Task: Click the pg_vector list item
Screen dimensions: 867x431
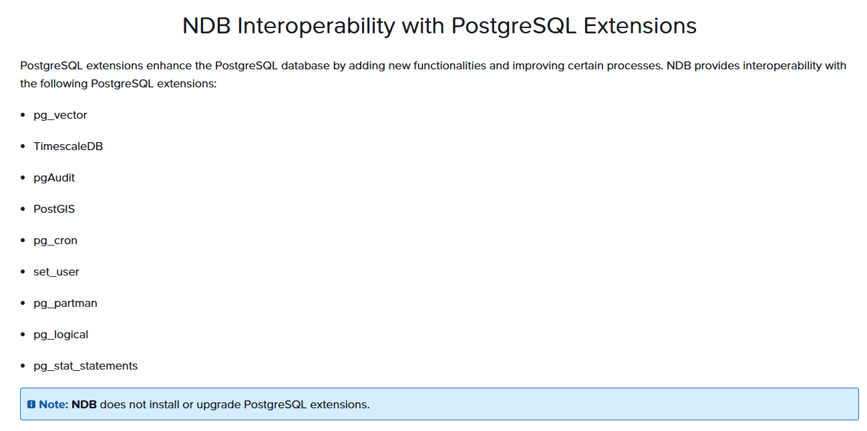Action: click(x=60, y=115)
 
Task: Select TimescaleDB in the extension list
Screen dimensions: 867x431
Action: click(x=68, y=147)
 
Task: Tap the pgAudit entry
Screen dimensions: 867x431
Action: click(x=54, y=178)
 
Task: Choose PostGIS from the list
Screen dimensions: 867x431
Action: click(x=54, y=209)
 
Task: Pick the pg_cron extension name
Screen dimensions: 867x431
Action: click(x=55, y=241)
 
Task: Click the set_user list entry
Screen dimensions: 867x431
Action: click(x=56, y=272)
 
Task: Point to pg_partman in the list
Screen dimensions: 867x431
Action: click(x=65, y=304)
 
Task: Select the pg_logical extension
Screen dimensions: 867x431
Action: click(x=61, y=335)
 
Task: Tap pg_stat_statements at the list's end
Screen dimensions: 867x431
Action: click(x=85, y=366)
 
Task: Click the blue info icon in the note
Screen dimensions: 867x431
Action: click(x=31, y=404)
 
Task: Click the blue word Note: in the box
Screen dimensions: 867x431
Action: click(x=54, y=404)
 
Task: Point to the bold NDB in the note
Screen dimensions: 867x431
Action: click(x=84, y=404)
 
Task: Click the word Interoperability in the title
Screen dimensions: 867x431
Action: click(x=316, y=26)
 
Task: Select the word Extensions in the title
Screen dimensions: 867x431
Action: click(x=640, y=26)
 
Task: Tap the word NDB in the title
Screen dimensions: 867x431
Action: click(x=206, y=26)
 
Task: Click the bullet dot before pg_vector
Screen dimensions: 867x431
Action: click(x=23, y=115)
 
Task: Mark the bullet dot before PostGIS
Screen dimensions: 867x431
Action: click(x=23, y=209)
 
